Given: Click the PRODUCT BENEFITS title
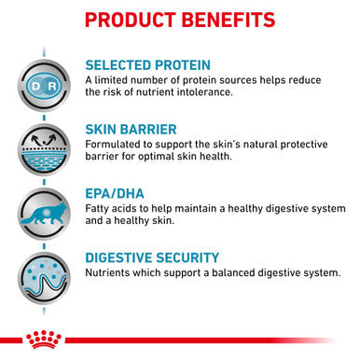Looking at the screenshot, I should coord(180,20).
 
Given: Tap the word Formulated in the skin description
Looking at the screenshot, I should coord(116,146).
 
